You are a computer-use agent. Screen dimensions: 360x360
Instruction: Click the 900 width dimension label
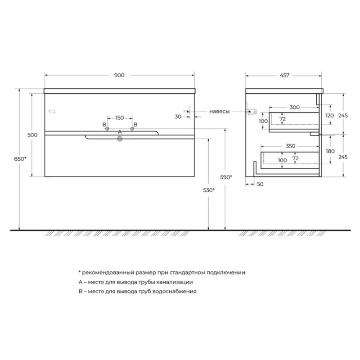coord(119,75)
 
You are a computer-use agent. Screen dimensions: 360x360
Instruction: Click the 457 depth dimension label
coord(284,75)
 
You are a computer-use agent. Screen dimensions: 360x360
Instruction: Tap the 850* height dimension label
coord(20,159)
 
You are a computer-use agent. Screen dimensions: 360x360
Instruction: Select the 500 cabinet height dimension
coord(32,135)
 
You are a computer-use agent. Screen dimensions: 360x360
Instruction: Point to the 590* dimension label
coord(226,177)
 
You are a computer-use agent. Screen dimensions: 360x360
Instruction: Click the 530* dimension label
coord(209,190)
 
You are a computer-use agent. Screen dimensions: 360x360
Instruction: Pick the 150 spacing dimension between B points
coord(120,118)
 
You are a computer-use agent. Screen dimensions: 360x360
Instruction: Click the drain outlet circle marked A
coord(120,139)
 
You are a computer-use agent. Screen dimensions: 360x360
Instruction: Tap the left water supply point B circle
coord(107,129)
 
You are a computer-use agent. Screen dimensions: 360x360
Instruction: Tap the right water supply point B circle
coord(132,129)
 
